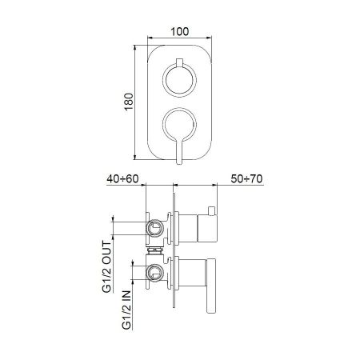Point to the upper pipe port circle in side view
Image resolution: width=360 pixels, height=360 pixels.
coord(155,228)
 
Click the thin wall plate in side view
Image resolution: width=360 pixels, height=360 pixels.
coord(174,256)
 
